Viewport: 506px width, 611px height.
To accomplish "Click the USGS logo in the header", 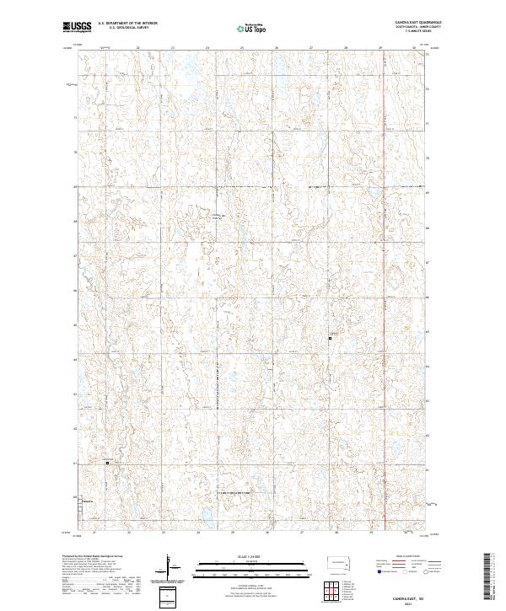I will coord(78,28).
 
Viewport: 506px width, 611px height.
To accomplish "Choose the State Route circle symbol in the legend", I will coord(428,572).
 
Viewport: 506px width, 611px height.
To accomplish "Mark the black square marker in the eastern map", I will coord(330,338).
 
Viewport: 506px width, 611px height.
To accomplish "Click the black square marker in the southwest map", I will coord(107,463).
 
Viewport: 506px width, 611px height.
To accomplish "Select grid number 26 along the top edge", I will coord(276,48).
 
